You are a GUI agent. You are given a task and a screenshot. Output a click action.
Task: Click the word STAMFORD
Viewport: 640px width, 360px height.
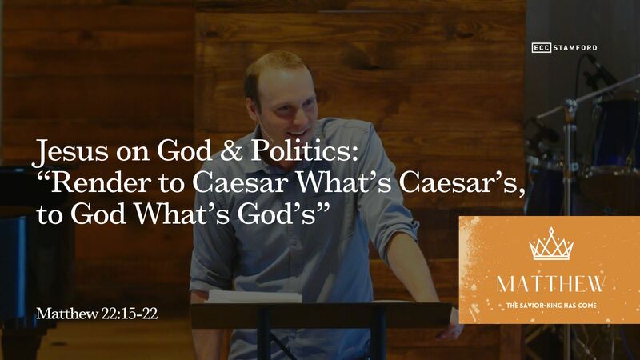(576, 48)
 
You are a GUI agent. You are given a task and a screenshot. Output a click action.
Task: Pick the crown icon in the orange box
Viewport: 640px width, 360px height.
(552, 244)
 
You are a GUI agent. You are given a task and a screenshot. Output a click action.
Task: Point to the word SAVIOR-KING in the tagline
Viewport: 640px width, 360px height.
(557, 306)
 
